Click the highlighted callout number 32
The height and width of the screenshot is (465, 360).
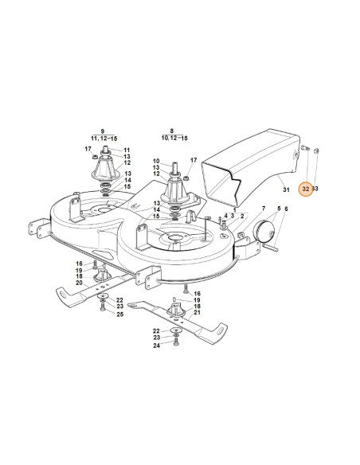[306, 189]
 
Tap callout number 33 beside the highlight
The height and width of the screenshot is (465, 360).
[317, 189]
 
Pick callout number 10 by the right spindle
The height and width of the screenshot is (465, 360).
[156, 162]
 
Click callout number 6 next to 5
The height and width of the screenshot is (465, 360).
[287, 209]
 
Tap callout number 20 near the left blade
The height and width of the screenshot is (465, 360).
[79, 283]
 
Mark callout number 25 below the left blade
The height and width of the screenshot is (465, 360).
[119, 315]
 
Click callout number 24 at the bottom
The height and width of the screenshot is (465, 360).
[157, 346]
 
